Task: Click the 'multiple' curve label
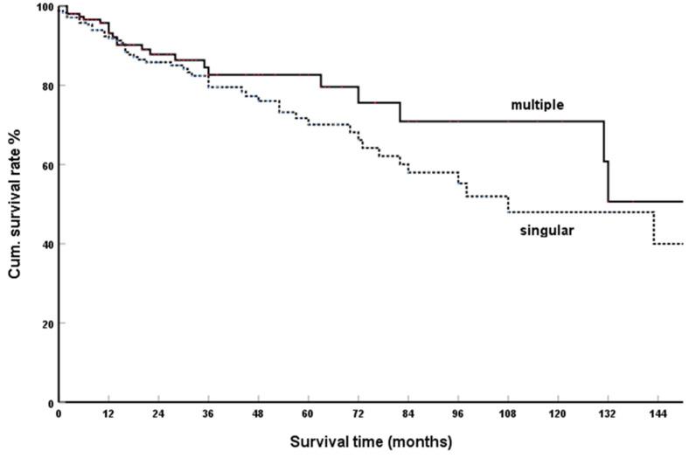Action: click(537, 105)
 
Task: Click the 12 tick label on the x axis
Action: click(108, 413)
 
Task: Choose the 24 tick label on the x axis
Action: click(158, 413)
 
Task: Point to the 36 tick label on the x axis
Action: click(208, 413)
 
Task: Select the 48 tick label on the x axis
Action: click(258, 413)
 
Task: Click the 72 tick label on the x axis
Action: click(358, 413)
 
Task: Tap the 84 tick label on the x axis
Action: click(407, 413)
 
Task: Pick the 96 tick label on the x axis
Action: click(457, 413)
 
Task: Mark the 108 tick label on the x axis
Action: click(507, 413)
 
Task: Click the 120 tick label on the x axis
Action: click(557, 413)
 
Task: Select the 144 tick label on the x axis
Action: click(657, 413)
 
